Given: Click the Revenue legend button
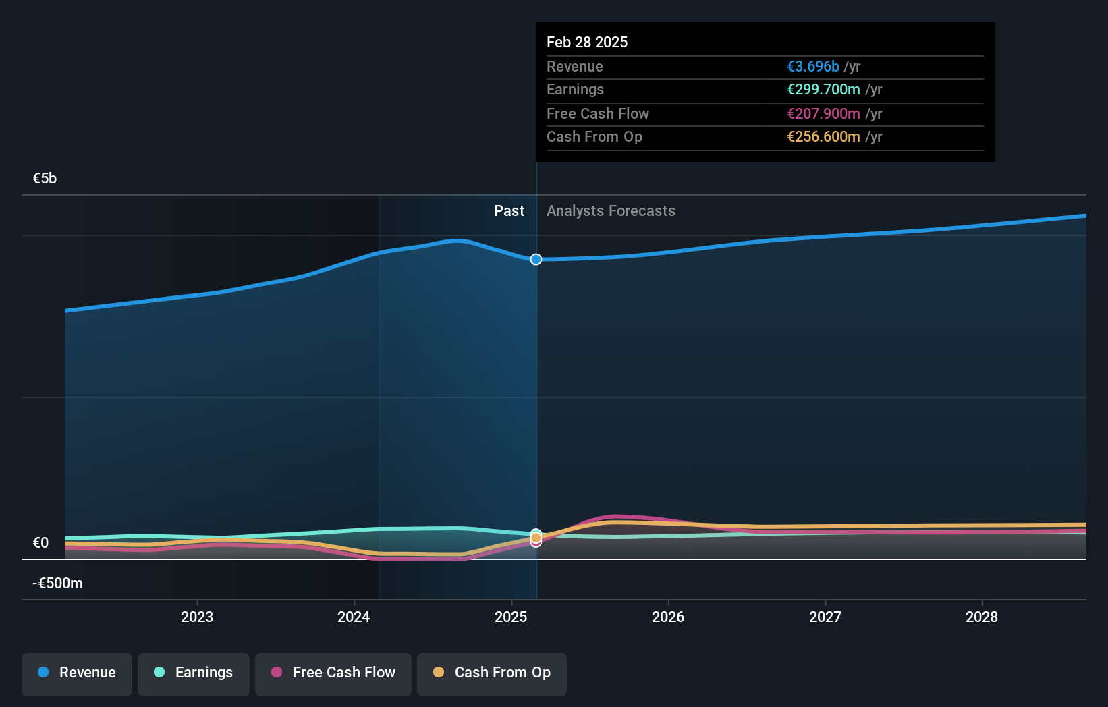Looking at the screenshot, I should (77, 673).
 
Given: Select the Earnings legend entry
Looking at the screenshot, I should (194, 673).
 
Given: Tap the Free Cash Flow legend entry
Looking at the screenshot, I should (333, 673).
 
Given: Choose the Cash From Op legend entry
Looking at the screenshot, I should (492, 673).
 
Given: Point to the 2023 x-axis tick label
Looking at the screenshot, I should (197, 617).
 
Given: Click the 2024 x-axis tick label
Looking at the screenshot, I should (354, 617).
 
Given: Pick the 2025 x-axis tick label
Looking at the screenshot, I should (511, 617).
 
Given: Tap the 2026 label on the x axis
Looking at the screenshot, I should (668, 617).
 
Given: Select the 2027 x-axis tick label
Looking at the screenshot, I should (825, 617).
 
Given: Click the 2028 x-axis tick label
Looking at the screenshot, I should (982, 617).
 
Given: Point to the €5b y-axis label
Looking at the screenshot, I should (45, 179).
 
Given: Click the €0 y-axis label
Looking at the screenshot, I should (40, 543).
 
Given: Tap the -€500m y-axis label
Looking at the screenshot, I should (57, 584).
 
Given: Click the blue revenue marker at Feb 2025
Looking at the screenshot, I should (536, 260).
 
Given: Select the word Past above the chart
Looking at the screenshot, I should (509, 211).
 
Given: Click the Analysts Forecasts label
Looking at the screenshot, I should (611, 211).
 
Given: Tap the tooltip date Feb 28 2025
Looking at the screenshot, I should (587, 42).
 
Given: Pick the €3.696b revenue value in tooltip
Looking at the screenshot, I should (813, 67).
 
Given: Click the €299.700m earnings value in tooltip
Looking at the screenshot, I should (823, 90).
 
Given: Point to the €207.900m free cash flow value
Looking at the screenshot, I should (823, 114).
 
